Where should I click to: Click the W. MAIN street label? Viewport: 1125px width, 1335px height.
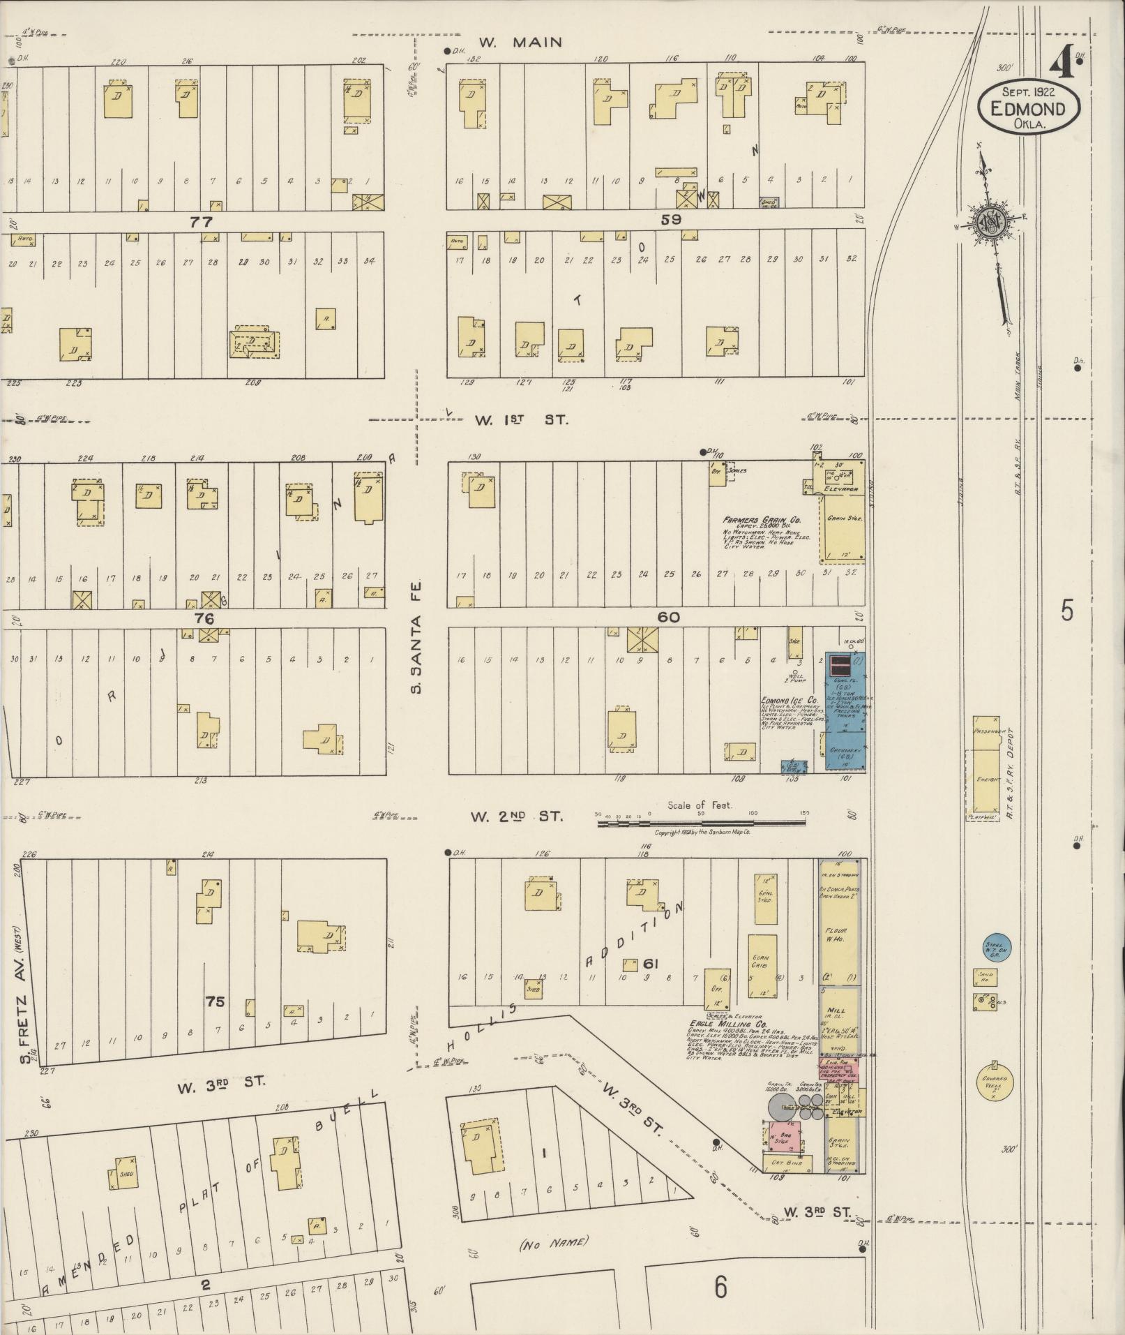point(521,43)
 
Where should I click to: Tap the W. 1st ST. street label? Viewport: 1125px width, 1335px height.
point(522,420)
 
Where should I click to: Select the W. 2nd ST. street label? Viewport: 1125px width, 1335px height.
point(515,815)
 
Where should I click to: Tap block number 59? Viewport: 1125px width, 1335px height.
point(670,220)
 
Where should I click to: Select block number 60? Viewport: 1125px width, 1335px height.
point(667,617)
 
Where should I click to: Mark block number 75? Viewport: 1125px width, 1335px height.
point(215,1001)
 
